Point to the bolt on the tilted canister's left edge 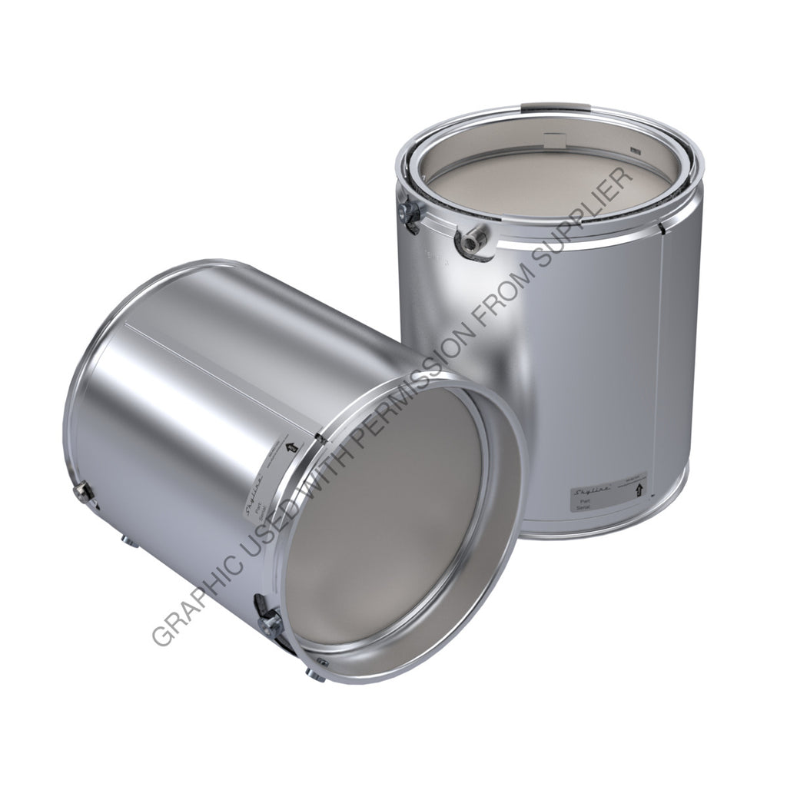(84, 492)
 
